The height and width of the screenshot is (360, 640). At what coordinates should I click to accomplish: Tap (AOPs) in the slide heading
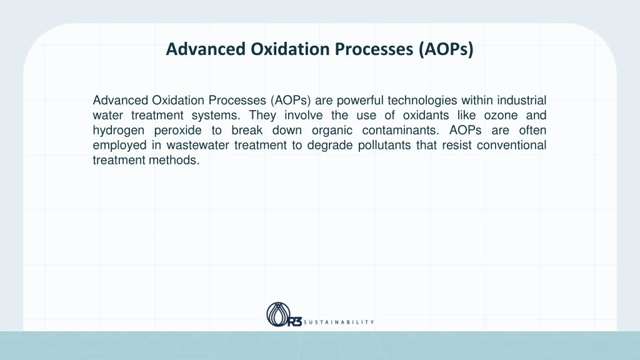pos(446,49)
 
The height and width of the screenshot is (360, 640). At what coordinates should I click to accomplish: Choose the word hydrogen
pos(119,131)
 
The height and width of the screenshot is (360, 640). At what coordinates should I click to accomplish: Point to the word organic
pos(332,131)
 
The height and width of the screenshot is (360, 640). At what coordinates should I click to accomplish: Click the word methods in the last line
pos(179,161)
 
